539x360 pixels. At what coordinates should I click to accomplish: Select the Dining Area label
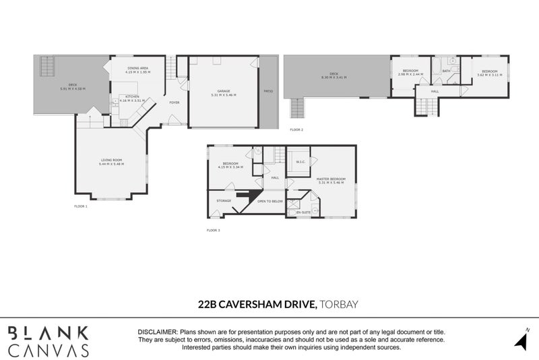[x=140, y=69]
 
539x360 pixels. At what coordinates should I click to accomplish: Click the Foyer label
[x=174, y=103]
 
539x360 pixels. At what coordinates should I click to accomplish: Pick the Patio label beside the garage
[x=267, y=90]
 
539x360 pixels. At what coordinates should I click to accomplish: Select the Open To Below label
[x=269, y=201]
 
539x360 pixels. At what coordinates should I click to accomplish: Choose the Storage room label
[x=224, y=201]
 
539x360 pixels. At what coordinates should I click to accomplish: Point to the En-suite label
[x=303, y=213]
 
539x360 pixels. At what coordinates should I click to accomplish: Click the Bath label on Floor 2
[x=446, y=70]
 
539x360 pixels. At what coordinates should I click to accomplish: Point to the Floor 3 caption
[x=214, y=230]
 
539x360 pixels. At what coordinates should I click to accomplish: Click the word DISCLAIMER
[x=158, y=333]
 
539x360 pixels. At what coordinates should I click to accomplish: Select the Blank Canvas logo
[x=49, y=341]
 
